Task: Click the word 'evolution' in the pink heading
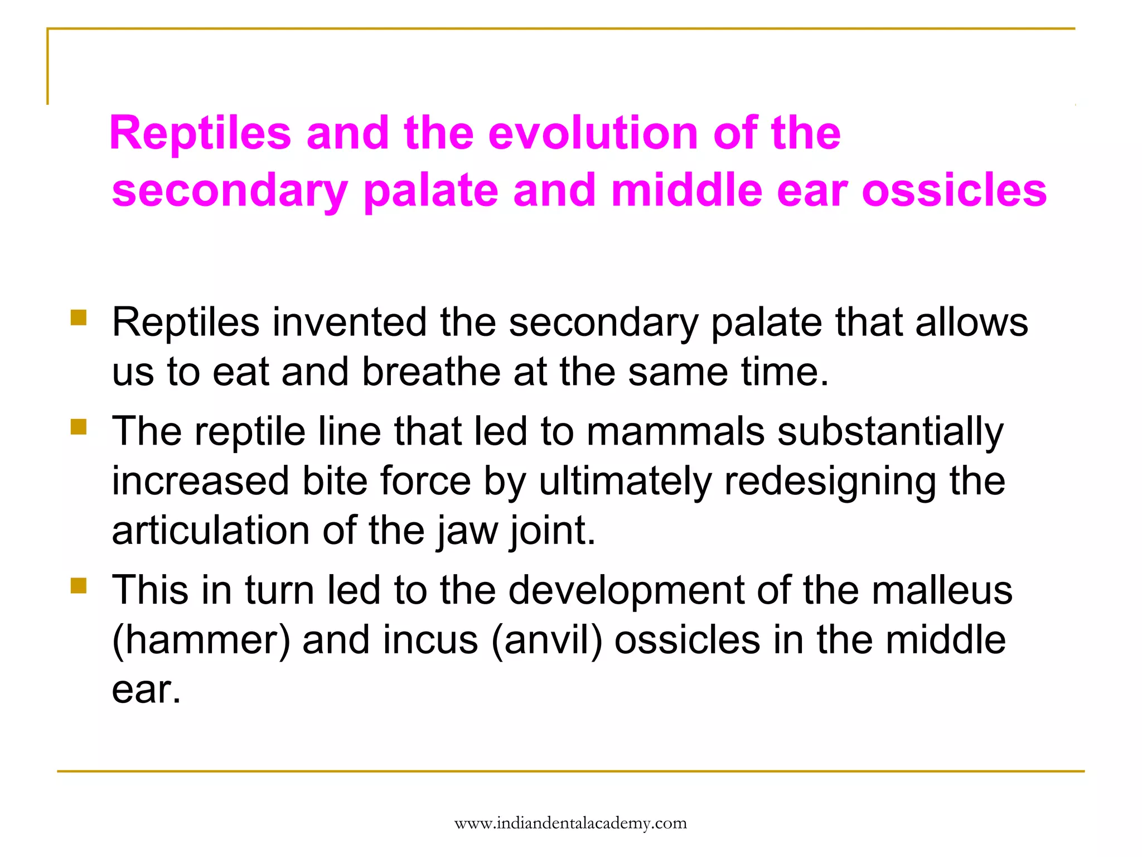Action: pos(593,133)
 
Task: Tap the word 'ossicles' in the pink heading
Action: pos(954,190)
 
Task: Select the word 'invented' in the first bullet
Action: pos(349,322)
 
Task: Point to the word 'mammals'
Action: pos(675,431)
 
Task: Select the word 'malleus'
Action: pos(941,590)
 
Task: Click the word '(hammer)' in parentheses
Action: pos(201,640)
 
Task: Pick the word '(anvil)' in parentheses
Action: pos(547,640)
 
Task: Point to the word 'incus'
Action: pos(430,640)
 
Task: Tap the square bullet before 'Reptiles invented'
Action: pos(79,317)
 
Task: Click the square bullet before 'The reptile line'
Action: pos(79,427)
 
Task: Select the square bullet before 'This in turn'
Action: pos(79,585)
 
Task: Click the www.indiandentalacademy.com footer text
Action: pos(570,823)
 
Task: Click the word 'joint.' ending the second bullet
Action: pos(553,531)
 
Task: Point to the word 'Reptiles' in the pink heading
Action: pos(200,133)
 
